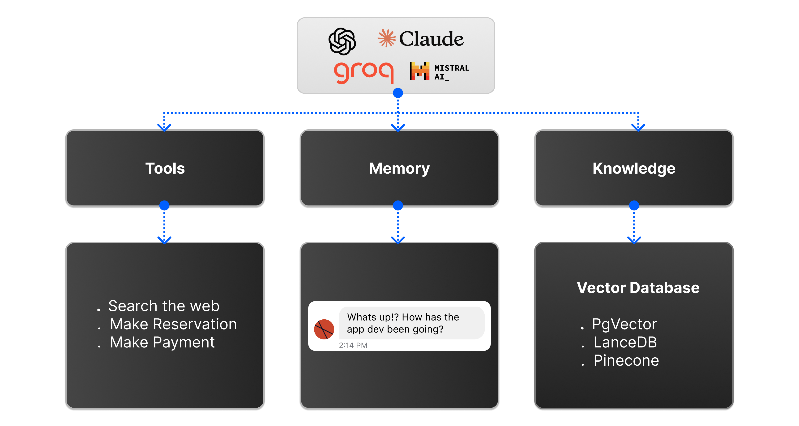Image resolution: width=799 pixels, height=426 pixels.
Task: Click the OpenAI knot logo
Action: coord(342,41)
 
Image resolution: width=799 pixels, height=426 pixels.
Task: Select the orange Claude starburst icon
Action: coord(386,38)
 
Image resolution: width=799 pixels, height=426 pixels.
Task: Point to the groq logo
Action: coord(363,72)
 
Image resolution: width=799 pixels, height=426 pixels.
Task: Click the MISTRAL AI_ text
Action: coord(452,72)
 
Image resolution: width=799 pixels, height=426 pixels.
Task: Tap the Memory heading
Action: coord(399,169)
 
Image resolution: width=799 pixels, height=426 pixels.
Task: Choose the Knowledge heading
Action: coord(634,169)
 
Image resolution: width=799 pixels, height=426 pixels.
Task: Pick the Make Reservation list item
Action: coord(173,324)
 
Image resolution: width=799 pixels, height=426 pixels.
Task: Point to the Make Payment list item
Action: coord(162,342)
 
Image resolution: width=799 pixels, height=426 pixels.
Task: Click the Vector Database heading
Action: coord(638,288)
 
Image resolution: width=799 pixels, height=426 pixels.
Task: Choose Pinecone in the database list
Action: coord(626,360)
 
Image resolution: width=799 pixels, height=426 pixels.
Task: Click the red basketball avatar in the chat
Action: coord(324,329)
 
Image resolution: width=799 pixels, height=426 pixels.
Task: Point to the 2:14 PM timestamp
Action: coord(353,345)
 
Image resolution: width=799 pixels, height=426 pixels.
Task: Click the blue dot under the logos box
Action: coord(398,93)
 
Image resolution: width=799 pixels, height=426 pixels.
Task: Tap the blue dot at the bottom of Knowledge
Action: coord(634,205)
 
